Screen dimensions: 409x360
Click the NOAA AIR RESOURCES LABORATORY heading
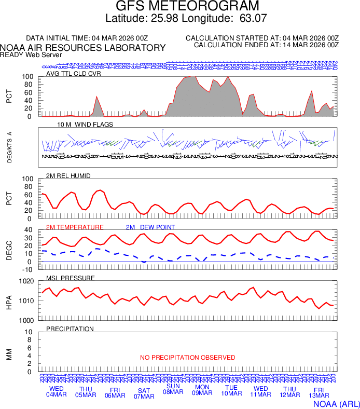point(83,48)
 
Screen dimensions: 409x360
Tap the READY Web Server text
point(31,54)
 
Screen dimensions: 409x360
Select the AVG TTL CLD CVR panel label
point(74,73)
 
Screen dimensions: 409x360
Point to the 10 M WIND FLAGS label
point(85,125)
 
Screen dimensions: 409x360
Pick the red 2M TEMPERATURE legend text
point(75,227)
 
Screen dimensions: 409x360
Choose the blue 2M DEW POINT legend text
point(150,227)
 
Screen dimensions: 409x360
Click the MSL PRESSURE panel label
point(71,278)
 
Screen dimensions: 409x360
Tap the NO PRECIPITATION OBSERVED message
point(187,358)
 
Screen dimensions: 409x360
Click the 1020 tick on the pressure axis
point(27,281)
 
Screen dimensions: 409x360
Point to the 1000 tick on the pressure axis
point(27,320)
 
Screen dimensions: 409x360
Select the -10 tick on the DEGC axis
point(29,269)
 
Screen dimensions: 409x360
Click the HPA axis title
point(9,301)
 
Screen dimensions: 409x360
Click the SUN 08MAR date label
point(173,389)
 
